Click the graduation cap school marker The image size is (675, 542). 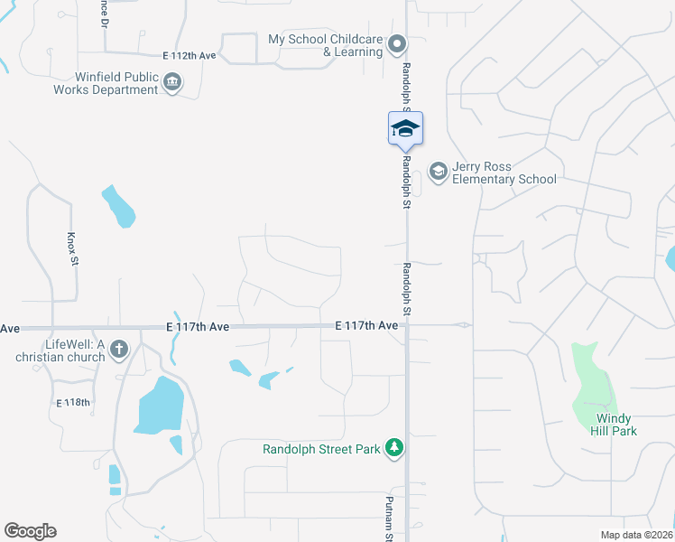(405, 128)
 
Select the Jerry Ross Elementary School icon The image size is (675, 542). (438, 172)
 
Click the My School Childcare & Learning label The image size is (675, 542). (326, 45)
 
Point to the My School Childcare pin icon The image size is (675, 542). (395, 43)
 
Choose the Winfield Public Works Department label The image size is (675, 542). (105, 84)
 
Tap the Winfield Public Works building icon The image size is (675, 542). (172, 84)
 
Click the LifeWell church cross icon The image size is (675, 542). (119, 350)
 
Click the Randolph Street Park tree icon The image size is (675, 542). (393, 448)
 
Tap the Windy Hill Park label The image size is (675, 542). (616, 425)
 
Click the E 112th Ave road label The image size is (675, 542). (190, 56)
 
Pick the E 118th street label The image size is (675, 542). (73, 402)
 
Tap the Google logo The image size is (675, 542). (30, 531)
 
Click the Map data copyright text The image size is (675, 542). (637, 535)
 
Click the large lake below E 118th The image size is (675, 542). (160, 405)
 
